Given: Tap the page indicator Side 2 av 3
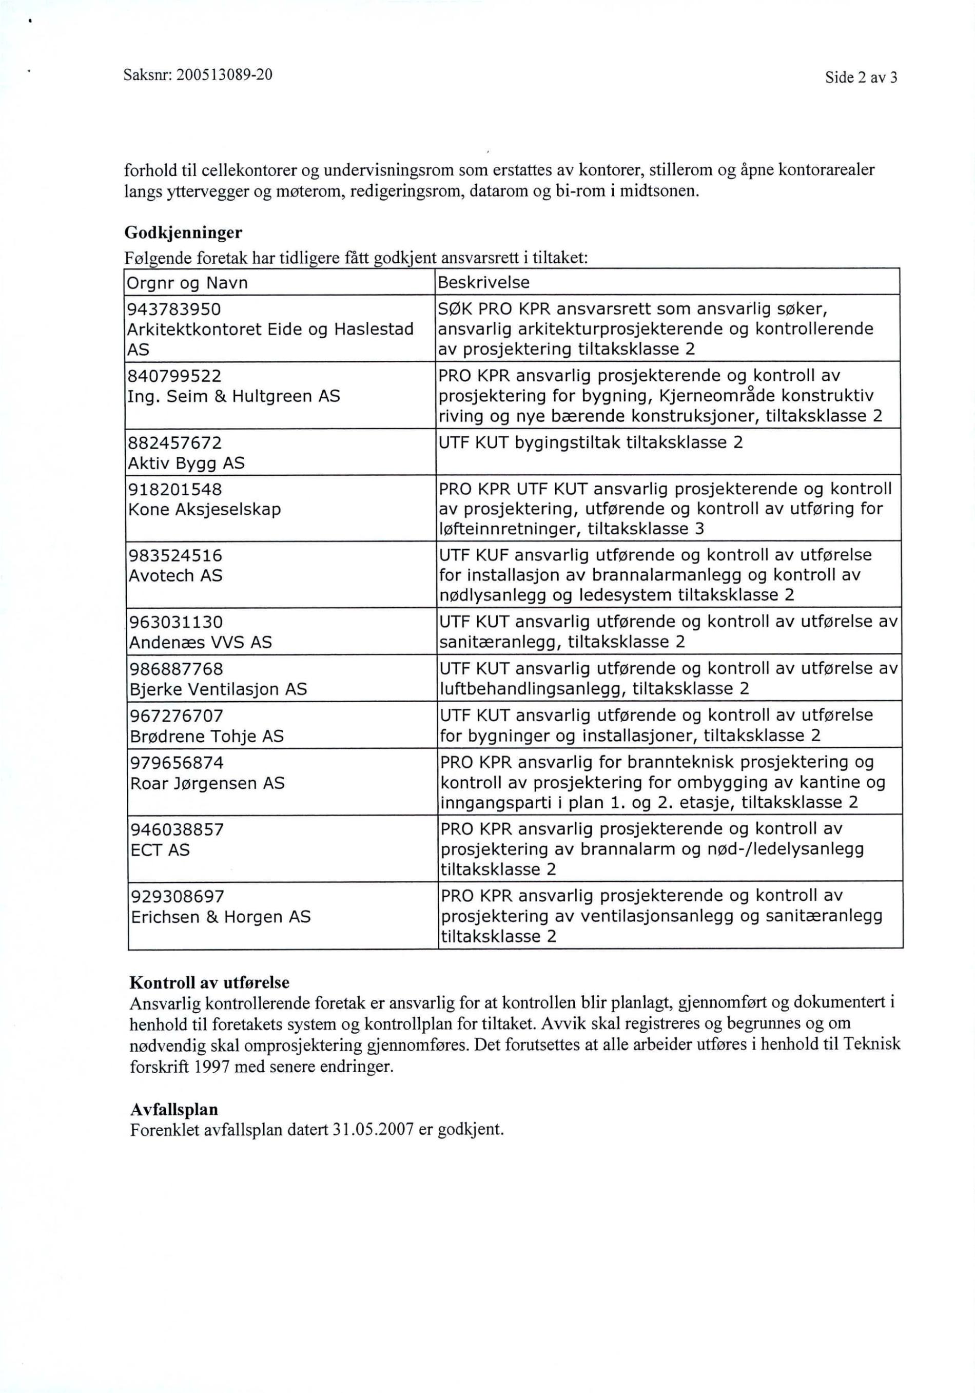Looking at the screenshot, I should click(861, 78).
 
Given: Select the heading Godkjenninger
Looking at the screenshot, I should click(183, 233).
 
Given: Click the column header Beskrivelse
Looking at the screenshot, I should click(483, 283).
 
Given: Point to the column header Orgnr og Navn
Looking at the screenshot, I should click(187, 283).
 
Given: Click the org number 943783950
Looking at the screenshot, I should click(173, 309).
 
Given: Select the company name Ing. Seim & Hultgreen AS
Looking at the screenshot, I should click(233, 396).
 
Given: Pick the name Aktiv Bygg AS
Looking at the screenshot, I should click(186, 463).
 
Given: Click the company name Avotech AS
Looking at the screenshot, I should click(176, 575).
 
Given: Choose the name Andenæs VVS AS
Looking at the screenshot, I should click(200, 642).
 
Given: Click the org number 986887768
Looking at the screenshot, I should click(176, 669).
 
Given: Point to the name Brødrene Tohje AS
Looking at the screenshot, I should click(207, 736).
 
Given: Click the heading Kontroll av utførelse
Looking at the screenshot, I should click(209, 983).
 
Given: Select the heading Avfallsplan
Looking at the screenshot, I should click(173, 1110).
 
